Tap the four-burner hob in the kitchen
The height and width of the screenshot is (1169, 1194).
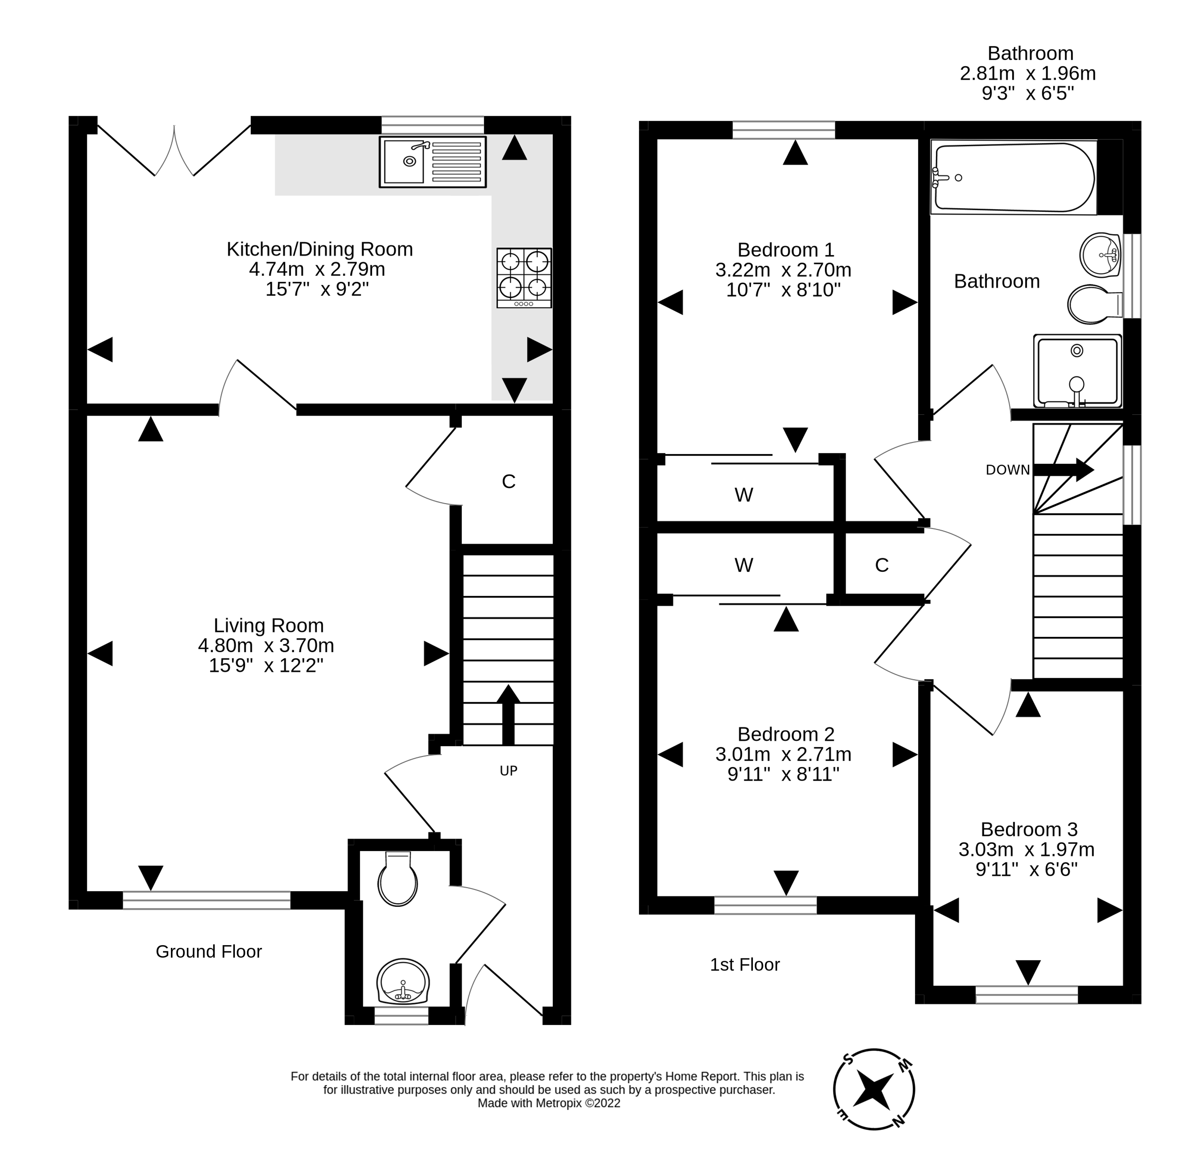coord(523,277)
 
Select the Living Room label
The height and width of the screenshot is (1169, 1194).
coord(268,625)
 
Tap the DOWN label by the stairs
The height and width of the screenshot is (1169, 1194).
coord(1008,470)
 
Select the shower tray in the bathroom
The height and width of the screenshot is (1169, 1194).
coord(1077,371)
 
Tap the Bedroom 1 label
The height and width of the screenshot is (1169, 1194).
coord(785,250)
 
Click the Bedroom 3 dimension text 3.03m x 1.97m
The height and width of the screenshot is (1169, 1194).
coord(1026,850)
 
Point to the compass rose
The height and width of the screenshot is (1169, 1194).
coord(873,1089)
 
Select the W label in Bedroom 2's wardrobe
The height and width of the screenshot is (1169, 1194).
coord(743,565)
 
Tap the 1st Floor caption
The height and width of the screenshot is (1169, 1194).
coord(745,965)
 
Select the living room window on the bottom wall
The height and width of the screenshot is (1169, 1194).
coord(206,900)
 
